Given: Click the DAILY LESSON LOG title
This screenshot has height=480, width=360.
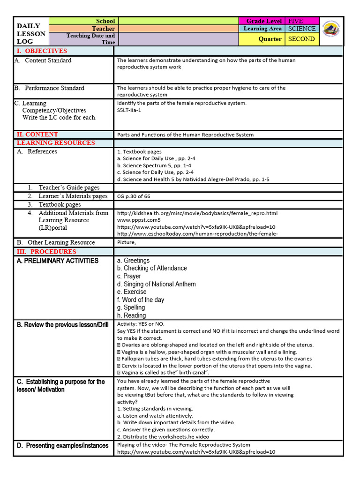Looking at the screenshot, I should [31, 34].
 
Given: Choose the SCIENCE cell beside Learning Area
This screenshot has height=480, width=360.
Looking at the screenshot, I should [301, 29].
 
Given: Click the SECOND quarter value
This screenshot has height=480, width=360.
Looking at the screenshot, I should [301, 39].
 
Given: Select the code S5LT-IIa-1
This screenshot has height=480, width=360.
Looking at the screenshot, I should [129, 110].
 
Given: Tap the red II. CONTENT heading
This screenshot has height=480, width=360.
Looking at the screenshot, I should [37, 135].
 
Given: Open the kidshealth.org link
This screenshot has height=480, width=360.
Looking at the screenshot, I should [197, 213].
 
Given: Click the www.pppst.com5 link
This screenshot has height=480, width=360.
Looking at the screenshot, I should [139, 220].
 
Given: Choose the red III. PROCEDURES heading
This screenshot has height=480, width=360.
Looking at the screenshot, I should [46, 252].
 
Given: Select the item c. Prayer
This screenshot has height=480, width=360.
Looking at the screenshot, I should [129, 276].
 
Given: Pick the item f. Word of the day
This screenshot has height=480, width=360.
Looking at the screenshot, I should [141, 300].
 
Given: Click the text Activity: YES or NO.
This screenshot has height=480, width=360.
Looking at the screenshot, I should [141, 324].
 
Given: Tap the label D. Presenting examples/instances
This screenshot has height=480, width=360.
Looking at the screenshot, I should [62, 445].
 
